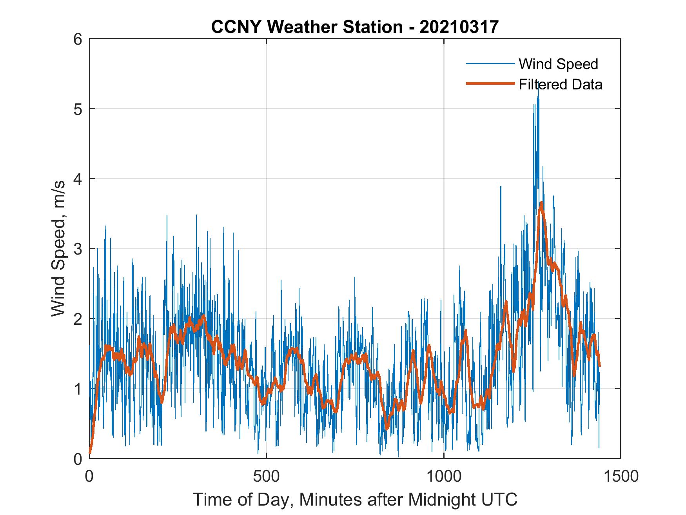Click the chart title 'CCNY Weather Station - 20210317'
pyautogui.click(x=355, y=27)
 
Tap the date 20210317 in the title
pyautogui.click(x=459, y=27)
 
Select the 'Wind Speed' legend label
pyautogui.click(x=558, y=64)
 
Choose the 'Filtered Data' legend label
pyautogui.click(x=560, y=84)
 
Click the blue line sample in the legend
pyautogui.click(x=490, y=64)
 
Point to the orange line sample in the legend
pyautogui.click(x=490, y=84)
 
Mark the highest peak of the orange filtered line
pyautogui.click(x=541, y=202)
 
